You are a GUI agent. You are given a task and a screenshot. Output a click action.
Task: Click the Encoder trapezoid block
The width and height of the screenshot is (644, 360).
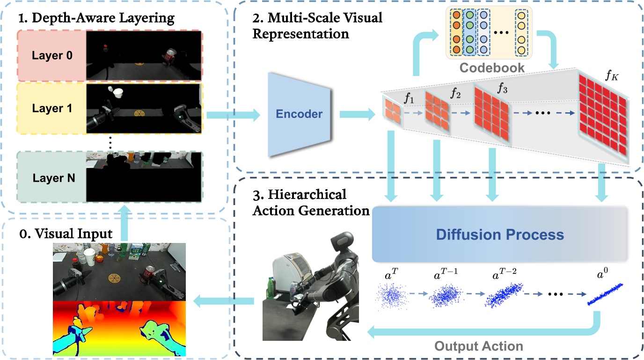click(299, 114)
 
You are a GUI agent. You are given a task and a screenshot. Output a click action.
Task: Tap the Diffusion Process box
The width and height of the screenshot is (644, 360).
click(499, 234)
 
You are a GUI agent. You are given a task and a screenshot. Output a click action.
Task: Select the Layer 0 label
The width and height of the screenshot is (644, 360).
click(52, 55)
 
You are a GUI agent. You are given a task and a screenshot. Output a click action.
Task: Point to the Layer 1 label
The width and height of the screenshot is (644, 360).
click(52, 108)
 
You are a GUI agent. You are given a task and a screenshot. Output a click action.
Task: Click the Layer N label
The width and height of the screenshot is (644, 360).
click(54, 178)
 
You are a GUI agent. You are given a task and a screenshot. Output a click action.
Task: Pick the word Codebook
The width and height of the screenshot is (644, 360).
click(492, 68)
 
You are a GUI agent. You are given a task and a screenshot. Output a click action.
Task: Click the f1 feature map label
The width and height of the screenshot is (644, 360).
click(409, 98)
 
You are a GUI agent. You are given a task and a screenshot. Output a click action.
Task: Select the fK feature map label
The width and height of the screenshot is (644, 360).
click(612, 75)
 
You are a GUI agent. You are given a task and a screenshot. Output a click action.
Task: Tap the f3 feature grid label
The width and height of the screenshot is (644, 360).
click(502, 88)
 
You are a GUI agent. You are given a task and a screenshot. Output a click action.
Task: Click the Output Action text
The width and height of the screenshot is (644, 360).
click(479, 346)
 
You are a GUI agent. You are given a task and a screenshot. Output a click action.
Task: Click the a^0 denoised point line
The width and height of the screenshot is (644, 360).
click(605, 294)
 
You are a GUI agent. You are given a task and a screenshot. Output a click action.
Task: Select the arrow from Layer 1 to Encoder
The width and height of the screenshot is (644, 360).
click(233, 115)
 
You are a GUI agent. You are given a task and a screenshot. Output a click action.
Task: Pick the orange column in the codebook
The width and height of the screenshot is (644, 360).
click(456, 32)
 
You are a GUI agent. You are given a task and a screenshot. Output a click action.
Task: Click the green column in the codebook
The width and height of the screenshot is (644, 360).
click(470, 32)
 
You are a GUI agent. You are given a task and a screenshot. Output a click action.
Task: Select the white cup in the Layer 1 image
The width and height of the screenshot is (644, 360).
click(117, 93)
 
